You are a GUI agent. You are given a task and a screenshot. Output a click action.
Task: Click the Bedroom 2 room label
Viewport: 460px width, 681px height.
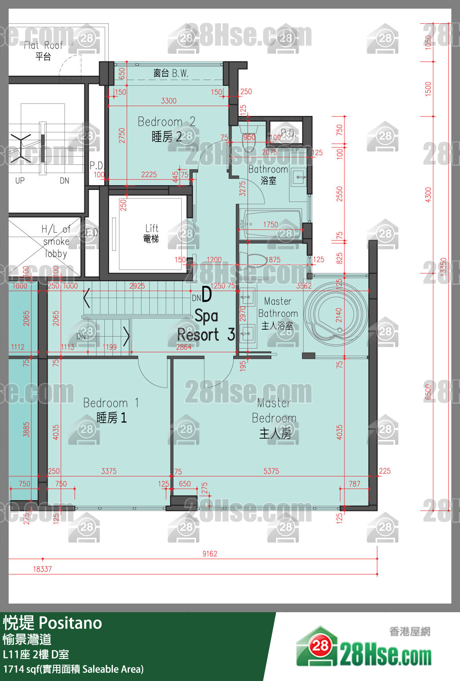167,129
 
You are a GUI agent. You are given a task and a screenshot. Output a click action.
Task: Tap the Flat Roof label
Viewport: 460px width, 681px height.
43,50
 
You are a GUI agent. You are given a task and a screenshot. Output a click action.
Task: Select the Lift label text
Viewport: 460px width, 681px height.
151,233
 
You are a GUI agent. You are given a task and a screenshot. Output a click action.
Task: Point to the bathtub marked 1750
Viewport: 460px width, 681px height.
273,224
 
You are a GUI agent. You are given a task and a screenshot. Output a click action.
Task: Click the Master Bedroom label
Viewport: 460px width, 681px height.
274,418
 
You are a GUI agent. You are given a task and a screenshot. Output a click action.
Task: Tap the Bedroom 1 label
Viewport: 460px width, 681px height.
111,410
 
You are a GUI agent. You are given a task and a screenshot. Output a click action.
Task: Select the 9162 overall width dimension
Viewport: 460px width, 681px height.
210,554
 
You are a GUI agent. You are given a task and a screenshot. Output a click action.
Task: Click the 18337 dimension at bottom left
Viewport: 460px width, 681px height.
42,569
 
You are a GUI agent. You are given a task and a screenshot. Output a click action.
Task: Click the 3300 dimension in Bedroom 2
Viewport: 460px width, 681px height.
169,101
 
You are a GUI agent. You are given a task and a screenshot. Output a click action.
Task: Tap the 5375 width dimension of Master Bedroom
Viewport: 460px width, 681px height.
271,471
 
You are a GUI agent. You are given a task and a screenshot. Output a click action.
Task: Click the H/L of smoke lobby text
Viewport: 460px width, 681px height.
56,241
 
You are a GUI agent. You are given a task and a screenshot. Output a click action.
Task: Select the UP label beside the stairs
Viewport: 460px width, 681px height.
20,180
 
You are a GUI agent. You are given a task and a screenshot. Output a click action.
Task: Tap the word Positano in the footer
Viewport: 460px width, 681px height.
71,623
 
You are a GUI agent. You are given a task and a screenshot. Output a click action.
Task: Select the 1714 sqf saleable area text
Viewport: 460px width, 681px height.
73,669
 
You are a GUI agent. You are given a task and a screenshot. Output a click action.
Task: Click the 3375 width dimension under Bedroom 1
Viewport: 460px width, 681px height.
109,471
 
